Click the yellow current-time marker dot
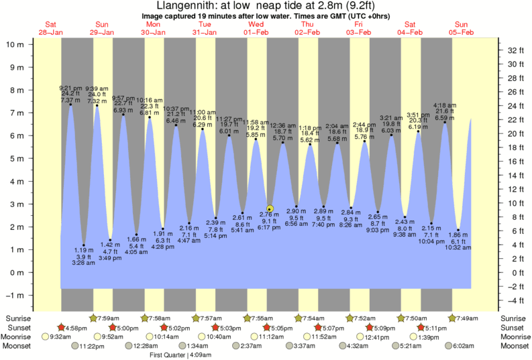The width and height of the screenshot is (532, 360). tap(270, 208)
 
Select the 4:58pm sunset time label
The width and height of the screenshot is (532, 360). tap(76, 328)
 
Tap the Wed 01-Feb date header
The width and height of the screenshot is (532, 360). tap(256, 29)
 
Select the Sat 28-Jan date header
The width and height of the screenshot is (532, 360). tap(50, 29)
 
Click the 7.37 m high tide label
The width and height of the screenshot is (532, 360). tap(70, 99)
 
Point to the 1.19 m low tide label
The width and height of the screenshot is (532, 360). tap(83, 250)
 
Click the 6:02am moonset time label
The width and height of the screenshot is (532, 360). tap(463, 346)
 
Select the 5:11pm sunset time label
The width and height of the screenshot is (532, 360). tap(435, 328)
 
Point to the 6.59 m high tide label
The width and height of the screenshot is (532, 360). tap(444, 118)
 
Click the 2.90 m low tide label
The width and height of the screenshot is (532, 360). tap(297, 211)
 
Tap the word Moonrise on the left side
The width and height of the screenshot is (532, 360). tap(19, 337)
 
